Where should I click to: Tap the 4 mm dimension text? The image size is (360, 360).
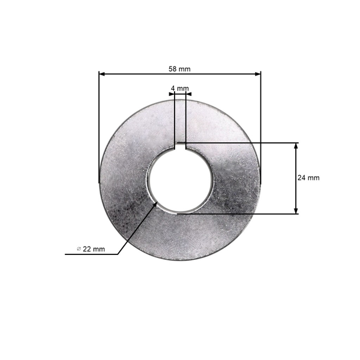(179, 88)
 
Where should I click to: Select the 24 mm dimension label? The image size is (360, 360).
(308, 178)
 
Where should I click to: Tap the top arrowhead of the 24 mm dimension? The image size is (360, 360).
(296, 146)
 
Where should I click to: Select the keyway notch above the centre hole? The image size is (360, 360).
(179, 145)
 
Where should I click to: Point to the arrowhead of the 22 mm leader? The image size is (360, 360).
(157, 203)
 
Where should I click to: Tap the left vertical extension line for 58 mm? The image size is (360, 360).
(98, 126)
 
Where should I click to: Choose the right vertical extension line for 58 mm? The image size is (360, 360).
(262, 126)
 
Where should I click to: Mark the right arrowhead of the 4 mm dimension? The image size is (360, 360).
(188, 94)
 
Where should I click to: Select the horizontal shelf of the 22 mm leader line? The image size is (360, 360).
(90, 254)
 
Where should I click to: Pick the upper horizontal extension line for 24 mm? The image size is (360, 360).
(240, 143)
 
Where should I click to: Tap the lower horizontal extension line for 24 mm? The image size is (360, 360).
(240, 213)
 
